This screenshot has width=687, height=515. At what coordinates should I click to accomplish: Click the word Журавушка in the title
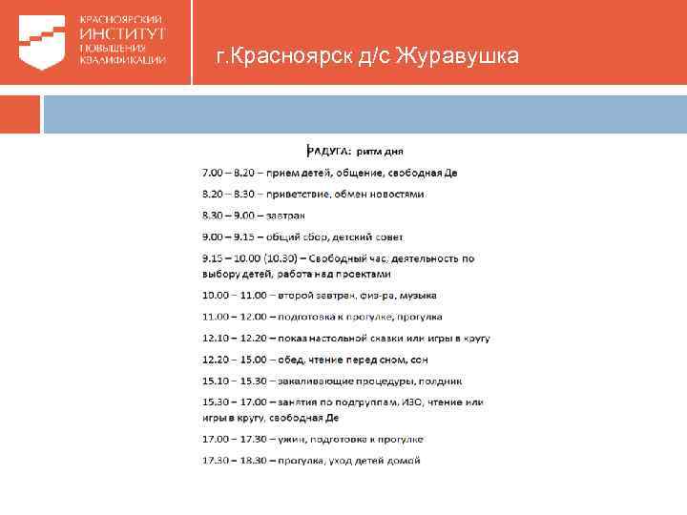(x=460, y=58)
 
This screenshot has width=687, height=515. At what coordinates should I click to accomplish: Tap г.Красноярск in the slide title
(x=271, y=58)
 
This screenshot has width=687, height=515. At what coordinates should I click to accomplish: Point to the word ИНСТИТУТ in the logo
(x=121, y=32)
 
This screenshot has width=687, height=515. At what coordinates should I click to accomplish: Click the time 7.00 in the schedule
(x=213, y=173)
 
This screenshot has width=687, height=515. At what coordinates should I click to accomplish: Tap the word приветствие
(x=301, y=195)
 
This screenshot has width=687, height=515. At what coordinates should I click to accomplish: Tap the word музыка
(x=410, y=295)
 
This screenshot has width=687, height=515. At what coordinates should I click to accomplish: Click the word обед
(x=293, y=360)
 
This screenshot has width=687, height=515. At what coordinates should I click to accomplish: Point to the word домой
(x=402, y=461)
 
